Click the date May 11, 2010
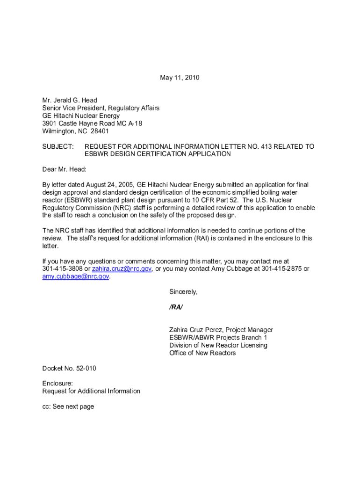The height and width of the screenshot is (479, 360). click(x=180, y=78)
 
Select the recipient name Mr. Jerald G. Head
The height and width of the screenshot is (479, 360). click(x=70, y=100)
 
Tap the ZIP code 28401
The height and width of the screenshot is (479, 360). click(x=100, y=131)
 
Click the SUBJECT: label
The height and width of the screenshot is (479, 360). click(x=58, y=146)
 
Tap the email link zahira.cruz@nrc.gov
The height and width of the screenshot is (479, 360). click(x=122, y=269)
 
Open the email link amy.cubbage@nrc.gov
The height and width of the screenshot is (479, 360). click(x=76, y=276)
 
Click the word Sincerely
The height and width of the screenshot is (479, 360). click(x=183, y=291)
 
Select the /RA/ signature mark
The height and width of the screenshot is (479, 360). click(x=176, y=307)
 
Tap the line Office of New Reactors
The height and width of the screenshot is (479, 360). click(x=202, y=353)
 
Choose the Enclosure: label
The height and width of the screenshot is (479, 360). click(x=58, y=384)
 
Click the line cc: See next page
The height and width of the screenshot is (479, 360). click(x=68, y=406)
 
